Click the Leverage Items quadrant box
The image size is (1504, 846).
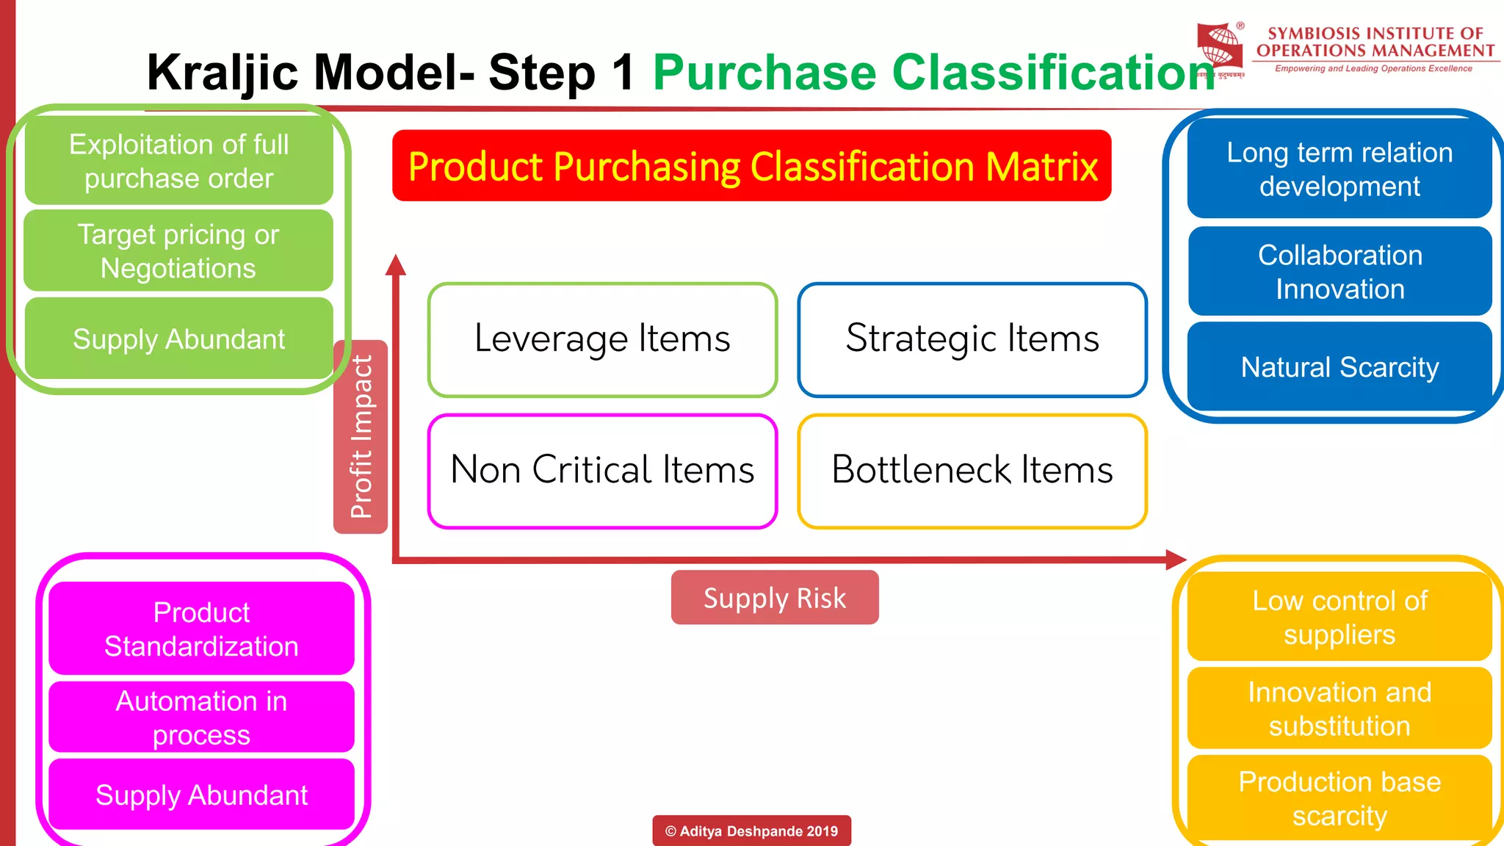(x=602, y=339)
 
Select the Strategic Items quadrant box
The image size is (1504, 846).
(x=972, y=339)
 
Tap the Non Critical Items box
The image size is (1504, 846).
(x=602, y=471)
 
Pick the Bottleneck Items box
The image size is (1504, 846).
(x=972, y=471)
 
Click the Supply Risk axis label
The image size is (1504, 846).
(x=774, y=598)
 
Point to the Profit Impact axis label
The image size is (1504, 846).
(x=361, y=437)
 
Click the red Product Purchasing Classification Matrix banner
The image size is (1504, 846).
(x=751, y=166)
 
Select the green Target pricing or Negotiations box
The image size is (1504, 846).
(x=178, y=251)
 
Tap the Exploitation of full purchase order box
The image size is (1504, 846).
(x=178, y=161)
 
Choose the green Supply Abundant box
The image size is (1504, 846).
(x=178, y=339)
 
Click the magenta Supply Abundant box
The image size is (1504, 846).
(x=201, y=795)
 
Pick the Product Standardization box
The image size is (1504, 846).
(x=201, y=629)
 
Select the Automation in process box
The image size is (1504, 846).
(x=201, y=717)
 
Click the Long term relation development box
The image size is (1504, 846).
(x=1339, y=169)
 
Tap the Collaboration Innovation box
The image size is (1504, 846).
(x=1339, y=272)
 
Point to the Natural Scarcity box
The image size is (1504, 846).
(x=1339, y=366)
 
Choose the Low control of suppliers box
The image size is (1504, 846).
(x=1339, y=618)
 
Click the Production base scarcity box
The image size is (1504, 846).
(x=1339, y=798)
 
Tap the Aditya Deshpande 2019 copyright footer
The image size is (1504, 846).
(x=751, y=831)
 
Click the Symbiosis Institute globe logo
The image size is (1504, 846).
(x=1220, y=47)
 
